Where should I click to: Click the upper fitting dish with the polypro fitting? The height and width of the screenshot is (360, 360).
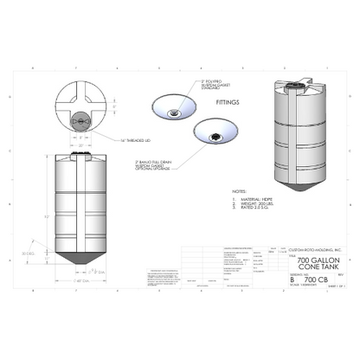tap(175, 107)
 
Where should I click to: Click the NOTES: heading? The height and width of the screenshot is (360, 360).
tap(241, 188)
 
